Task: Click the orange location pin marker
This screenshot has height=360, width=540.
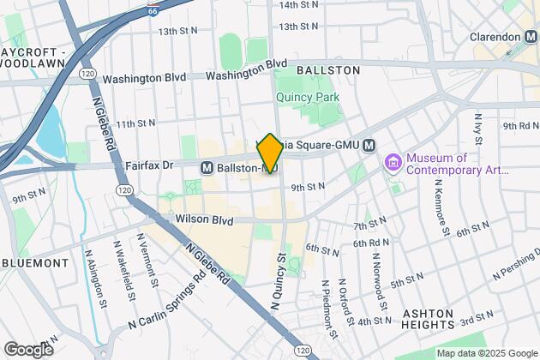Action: pos(269,153)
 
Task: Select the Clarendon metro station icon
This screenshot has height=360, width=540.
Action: pos(532,37)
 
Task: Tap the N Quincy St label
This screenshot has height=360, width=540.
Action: pos(279,279)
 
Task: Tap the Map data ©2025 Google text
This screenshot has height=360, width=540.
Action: pos(485,353)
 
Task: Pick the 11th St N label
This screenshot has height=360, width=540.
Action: pos(140,124)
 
